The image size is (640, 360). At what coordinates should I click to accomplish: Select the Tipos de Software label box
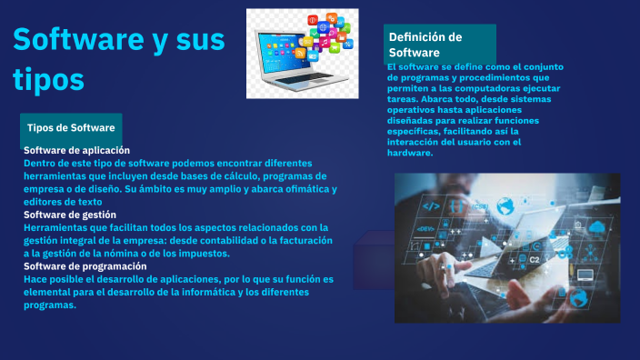coord(71,127)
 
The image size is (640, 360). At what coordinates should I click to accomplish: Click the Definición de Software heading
coord(425,45)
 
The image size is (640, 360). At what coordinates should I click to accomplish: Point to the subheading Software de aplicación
coord(76,150)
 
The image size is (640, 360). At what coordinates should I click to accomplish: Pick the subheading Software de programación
coord(85,266)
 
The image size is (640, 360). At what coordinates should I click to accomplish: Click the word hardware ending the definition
coord(409,153)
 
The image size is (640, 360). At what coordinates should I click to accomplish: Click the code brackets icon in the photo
coord(432,206)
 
